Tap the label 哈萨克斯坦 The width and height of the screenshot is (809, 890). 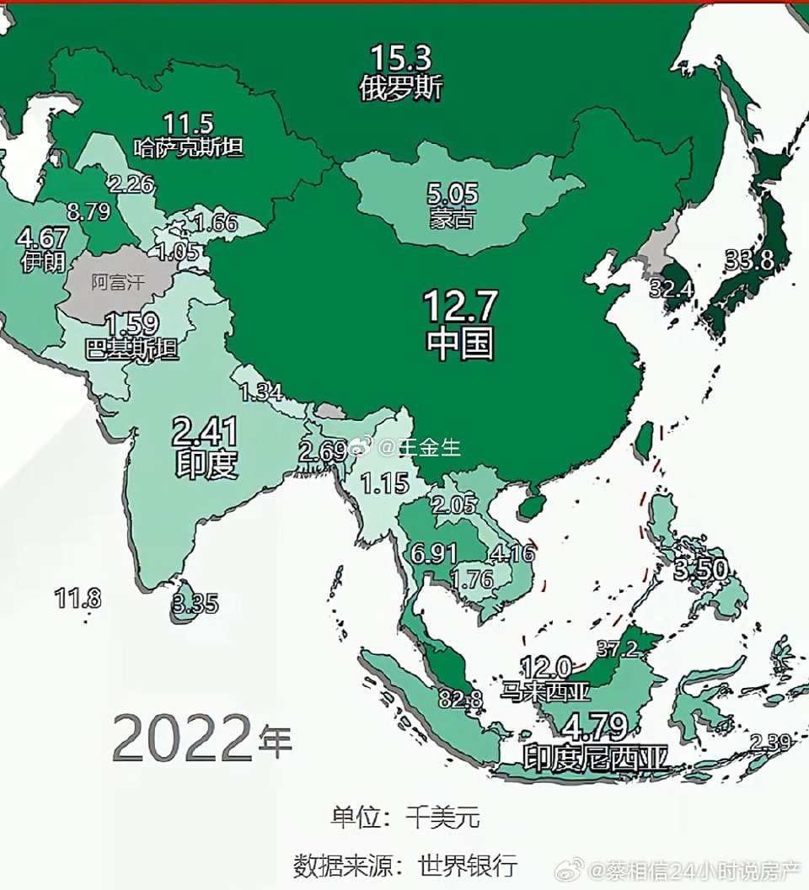189,148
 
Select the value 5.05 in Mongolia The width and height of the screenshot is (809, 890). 451,196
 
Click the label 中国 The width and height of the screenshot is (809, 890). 460,343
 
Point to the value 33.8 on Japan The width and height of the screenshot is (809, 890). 749,260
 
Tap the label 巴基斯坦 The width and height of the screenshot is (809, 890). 132,349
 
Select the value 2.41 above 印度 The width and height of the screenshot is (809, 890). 205,432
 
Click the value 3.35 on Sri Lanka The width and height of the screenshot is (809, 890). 195,603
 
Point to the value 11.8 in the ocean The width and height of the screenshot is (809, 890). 78,599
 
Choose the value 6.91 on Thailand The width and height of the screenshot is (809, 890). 435,553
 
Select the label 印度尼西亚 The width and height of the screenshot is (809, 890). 596,756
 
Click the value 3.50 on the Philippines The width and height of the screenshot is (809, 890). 699,570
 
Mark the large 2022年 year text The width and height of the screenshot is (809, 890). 201,738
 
